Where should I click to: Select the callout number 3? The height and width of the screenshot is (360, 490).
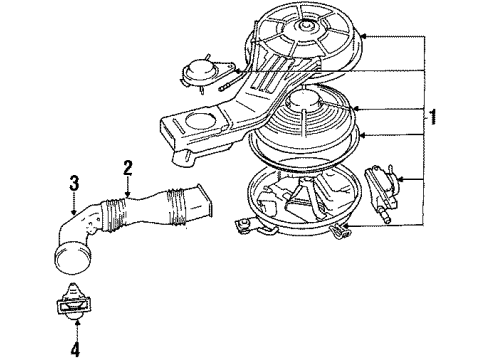72,182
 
